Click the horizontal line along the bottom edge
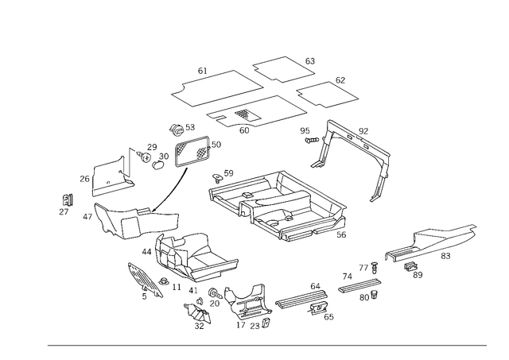click(266, 344)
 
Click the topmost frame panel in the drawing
click(282, 70)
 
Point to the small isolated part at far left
click(64, 205)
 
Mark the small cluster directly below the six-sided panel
click(181, 127)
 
